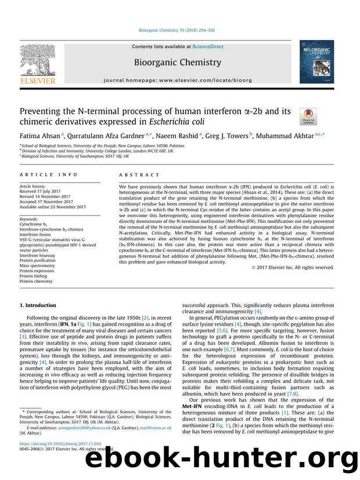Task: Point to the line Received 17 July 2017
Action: point(38,192)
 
